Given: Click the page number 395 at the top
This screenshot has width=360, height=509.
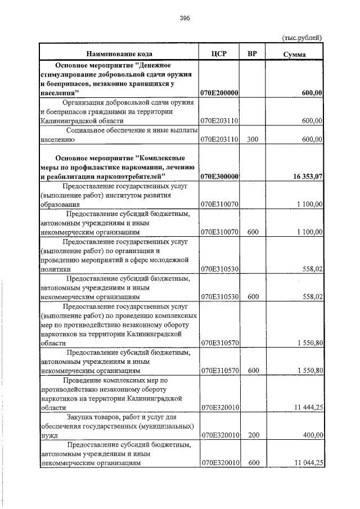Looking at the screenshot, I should (x=185, y=18).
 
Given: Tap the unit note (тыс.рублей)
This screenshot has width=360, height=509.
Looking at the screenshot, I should (x=301, y=38).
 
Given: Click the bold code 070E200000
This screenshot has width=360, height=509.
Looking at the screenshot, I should (x=219, y=93).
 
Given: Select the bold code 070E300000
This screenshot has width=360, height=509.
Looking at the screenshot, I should (x=219, y=177).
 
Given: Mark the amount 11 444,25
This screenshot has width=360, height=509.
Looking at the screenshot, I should (x=308, y=407).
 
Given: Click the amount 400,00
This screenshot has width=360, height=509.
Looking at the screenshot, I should (x=312, y=435).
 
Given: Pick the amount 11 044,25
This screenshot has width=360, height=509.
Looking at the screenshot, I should (x=308, y=462).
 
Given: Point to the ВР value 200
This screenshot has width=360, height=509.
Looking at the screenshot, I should (x=252, y=435).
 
